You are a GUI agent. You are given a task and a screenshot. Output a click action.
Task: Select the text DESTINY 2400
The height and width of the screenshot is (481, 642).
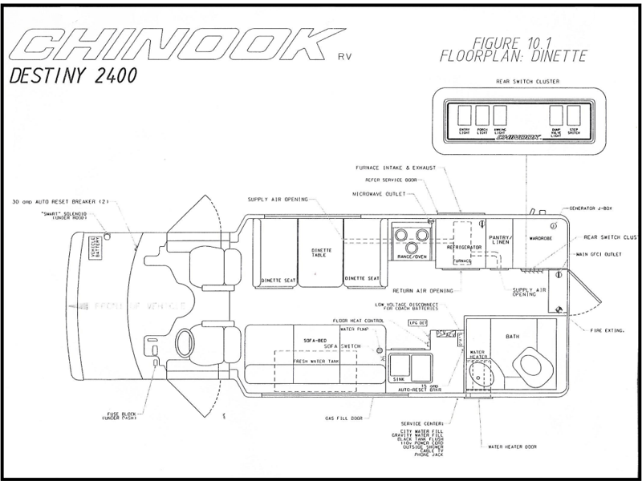click(x=73, y=77)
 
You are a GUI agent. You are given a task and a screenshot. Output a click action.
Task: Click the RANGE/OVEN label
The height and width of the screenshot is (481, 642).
click(x=411, y=257)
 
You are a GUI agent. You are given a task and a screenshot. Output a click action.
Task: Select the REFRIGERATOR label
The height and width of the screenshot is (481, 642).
click(x=464, y=249)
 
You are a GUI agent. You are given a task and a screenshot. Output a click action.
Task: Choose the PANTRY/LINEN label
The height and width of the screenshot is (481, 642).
click(x=502, y=238)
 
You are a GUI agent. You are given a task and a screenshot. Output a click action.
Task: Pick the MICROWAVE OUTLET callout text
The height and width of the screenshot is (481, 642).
click(x=380, y=193)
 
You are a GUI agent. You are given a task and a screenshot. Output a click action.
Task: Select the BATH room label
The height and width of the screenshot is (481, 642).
click(x=513, y=337)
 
